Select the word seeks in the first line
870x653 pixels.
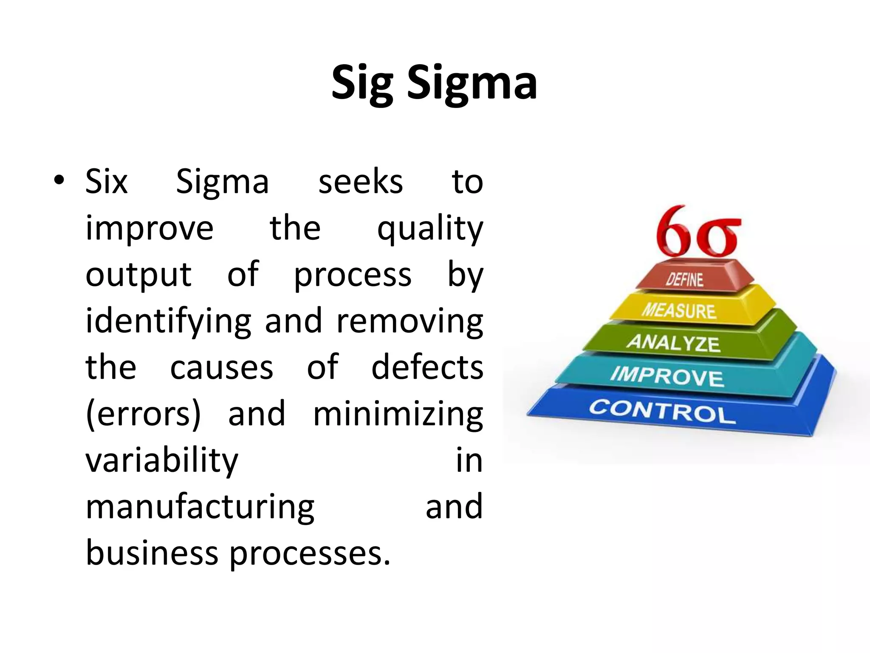361,182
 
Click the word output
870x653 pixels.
138,275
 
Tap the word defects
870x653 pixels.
427,367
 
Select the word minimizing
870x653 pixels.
398,414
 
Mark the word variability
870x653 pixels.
162,461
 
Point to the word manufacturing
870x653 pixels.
200,508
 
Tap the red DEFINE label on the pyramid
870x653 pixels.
684,280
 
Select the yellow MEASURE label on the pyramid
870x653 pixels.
678,310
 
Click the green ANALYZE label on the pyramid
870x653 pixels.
673,342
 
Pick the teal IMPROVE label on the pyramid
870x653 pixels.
667,376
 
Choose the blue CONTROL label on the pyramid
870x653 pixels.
662,412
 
